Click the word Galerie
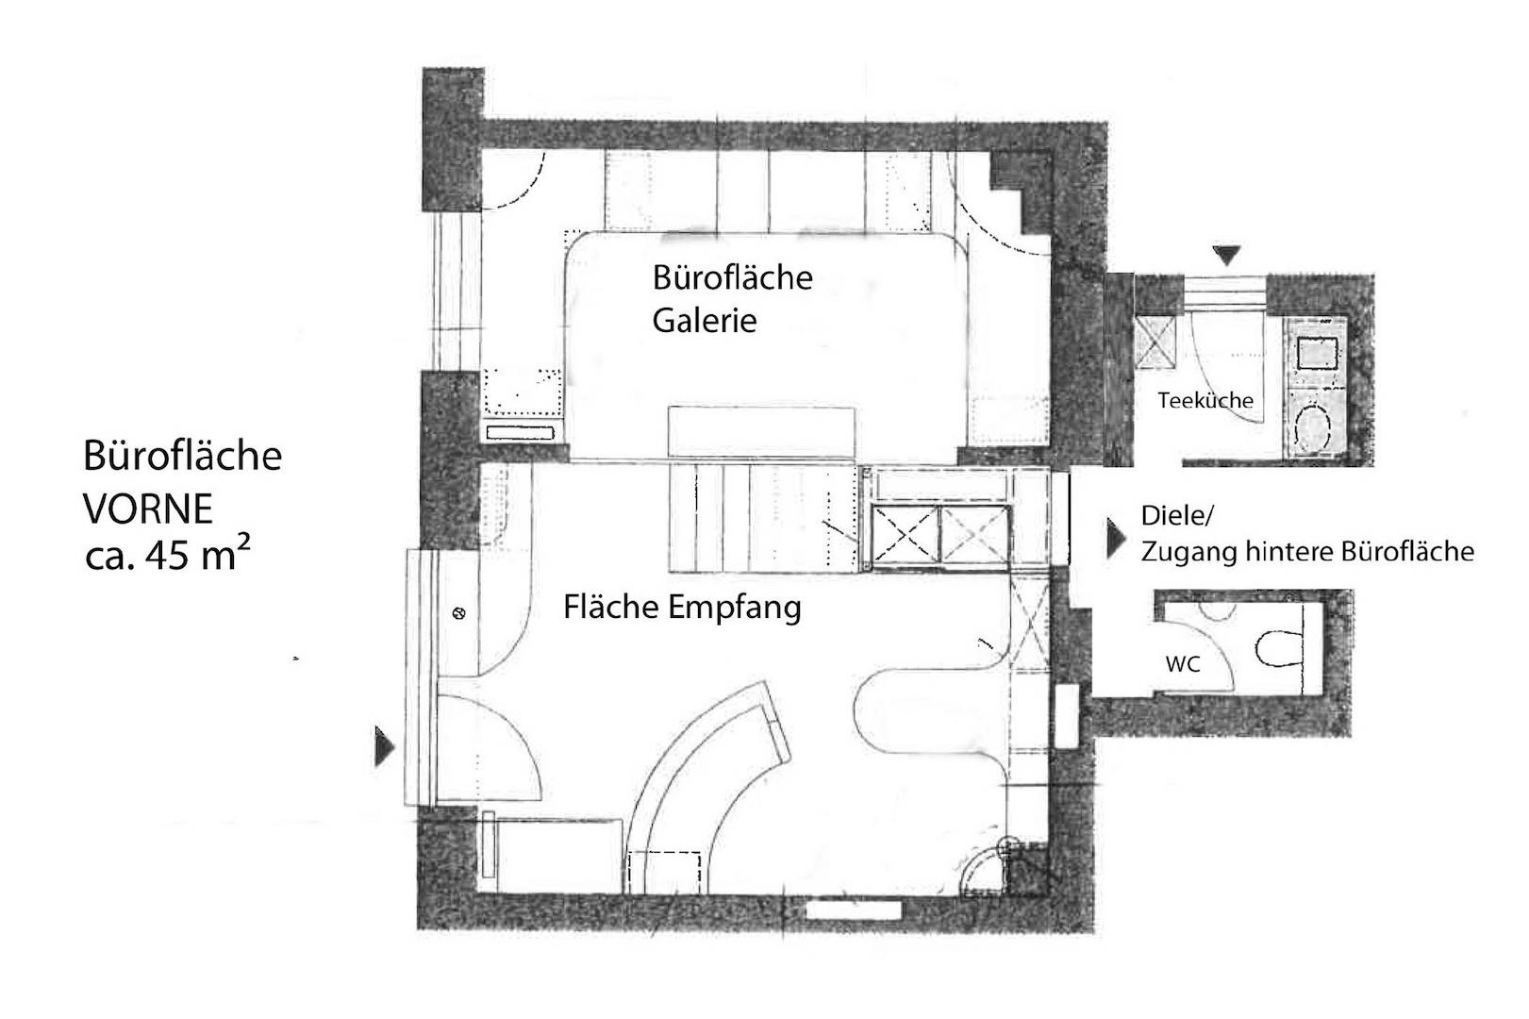click(x=705, y=320)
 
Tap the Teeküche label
click(x=1205, y=400)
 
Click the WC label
click(x=1183, y=664)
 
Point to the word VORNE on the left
click(x=148, y=509)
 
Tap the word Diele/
click(x=1177, y=516)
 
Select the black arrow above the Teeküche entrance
click(x=1226, y=256)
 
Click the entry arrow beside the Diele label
click(x=1115, y=538)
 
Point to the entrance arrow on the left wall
click(x=384, y=746)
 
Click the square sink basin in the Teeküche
click(x=1317, y=353)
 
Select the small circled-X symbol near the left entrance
click(x=459, y=613)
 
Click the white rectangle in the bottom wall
click(x=854, y=910)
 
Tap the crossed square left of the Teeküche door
click(x=1155, y=342)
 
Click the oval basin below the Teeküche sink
click(x=1312, y=427)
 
